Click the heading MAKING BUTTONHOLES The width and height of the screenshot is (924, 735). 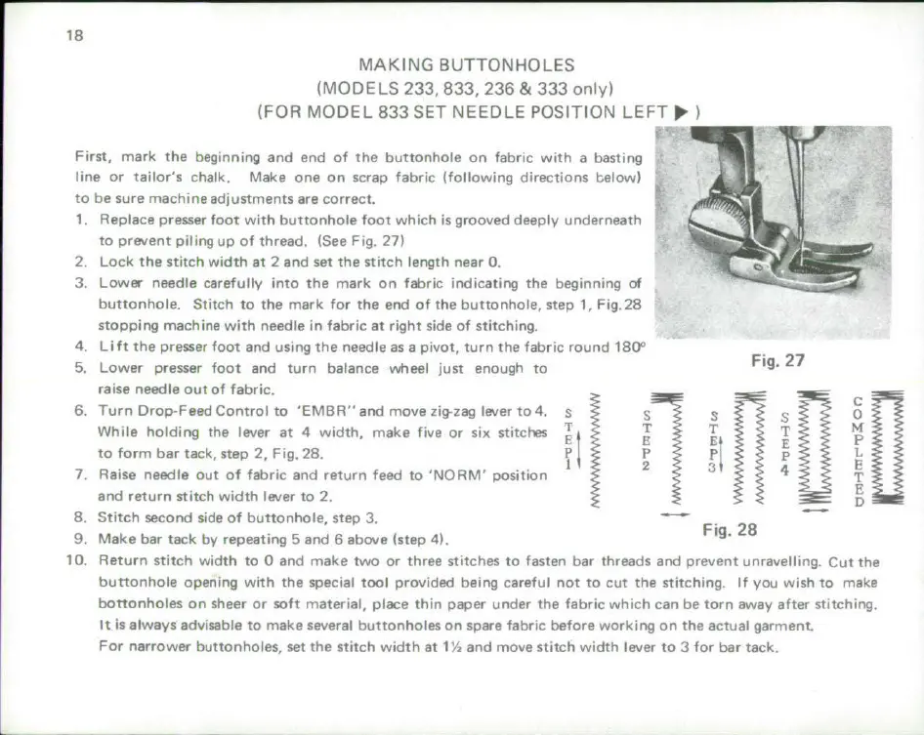click(466, 66)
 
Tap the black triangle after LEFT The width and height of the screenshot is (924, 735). click(682, 112)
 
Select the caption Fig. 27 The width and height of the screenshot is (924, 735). click(777, 361)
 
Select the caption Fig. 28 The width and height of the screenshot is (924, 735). click(730, 531)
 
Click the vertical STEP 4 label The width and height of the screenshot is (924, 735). click(785, 443)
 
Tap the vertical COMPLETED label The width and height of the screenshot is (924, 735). click(858, 451)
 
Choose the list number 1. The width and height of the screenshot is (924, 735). click(81, 220)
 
